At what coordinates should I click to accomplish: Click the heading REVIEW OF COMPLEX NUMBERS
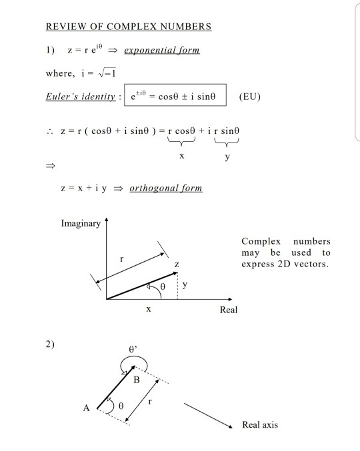point(128,27)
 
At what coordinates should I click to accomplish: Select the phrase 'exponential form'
point(162,50)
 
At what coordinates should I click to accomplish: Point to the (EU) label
point(249,97)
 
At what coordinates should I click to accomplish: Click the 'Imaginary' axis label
point(81,223)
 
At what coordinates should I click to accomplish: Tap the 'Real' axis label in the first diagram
point(228,310)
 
